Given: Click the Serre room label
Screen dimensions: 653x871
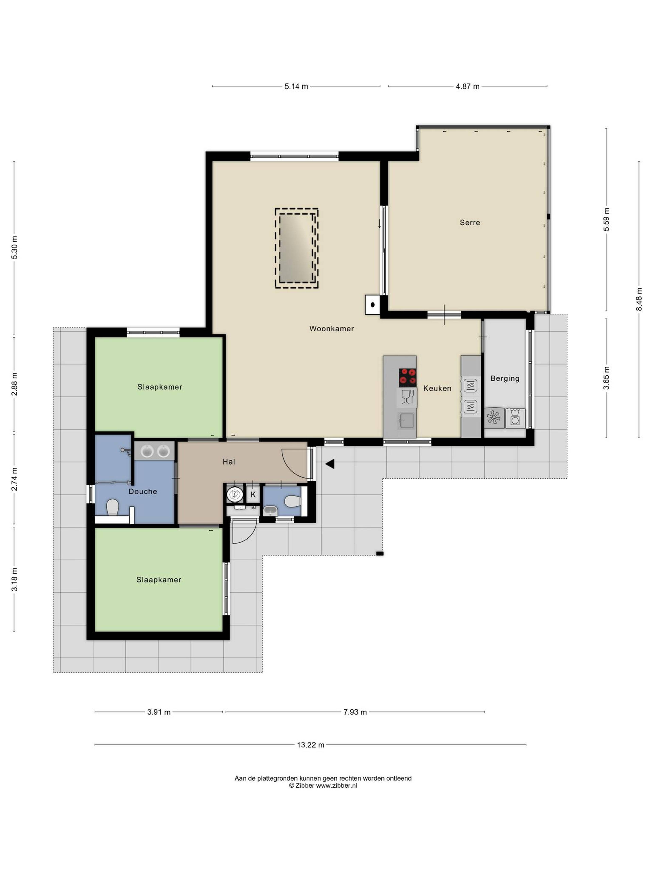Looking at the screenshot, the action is (x=470, y=223).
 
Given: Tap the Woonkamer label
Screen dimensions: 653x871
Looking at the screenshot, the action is (x=331, y=328).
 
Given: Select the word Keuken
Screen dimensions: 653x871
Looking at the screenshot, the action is (x=437, y=388).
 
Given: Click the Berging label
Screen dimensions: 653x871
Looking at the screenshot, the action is (x=505, y=378).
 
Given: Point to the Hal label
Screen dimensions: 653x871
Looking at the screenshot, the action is (x=229, y=462).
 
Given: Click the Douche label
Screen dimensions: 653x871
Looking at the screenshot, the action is (x=143, y=491).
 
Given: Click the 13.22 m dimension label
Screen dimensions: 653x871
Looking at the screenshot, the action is (x=311, y=745).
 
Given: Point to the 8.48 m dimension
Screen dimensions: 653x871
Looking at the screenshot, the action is (x=639, y=299).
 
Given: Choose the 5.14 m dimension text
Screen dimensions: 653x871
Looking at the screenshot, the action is (x=296, y=86).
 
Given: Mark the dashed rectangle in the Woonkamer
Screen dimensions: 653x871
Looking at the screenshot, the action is (x=296, y=249).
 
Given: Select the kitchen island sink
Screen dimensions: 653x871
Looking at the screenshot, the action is (x=406, y=420).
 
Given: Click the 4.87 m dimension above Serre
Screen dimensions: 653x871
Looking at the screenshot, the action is (x=468, y=86).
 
